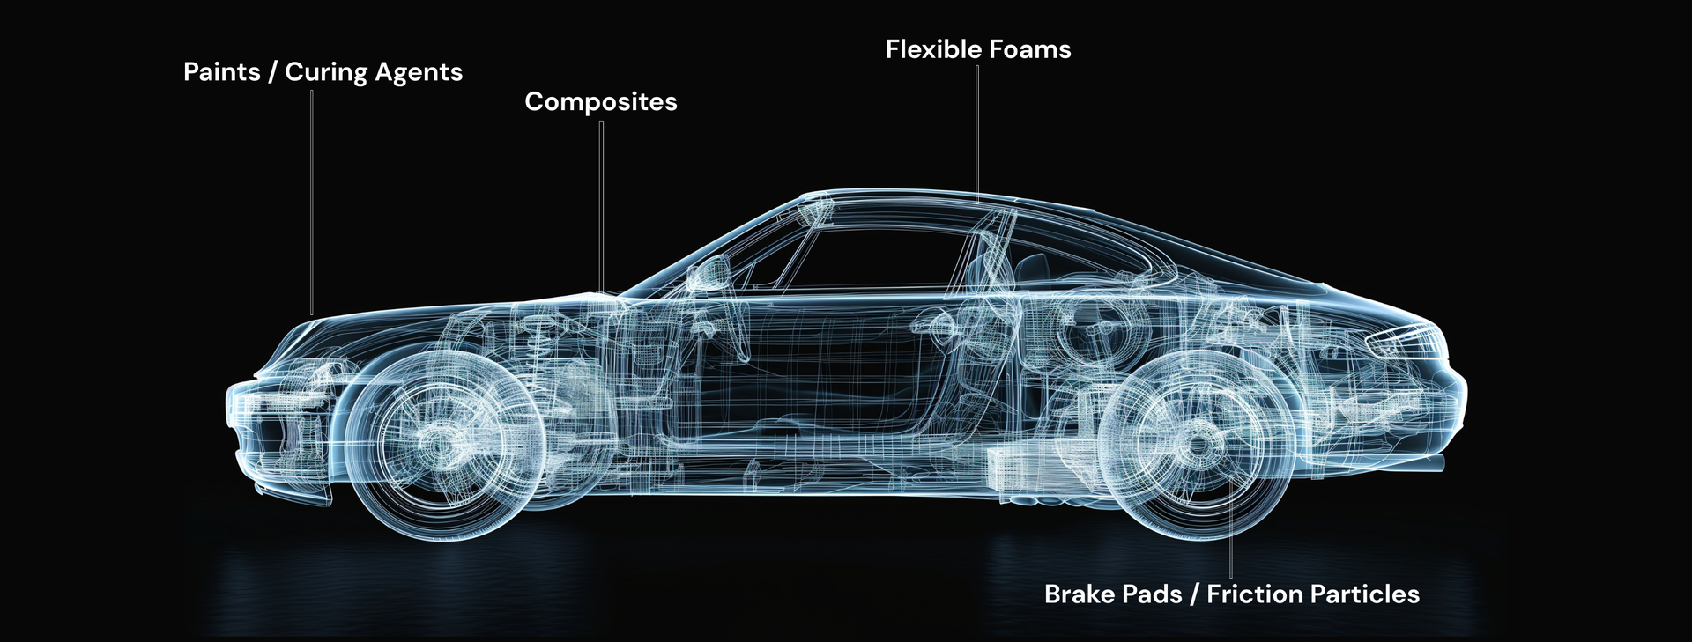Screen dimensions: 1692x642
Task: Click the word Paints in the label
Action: coord(221,71)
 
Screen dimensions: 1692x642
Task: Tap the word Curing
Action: coord(326,73)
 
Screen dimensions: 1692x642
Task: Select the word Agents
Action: coord(419,73)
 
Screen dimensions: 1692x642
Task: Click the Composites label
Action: coord(601,102)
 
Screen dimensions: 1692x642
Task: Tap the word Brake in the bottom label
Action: coord(1080,594)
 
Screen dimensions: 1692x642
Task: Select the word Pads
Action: coord(1153,594)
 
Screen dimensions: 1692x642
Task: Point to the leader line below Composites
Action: coord(601,206)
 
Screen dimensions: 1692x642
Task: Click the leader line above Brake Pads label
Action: coord(1231,528)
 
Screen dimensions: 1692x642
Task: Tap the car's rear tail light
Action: coord(1406,339)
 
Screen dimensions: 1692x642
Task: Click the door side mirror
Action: coord(710,273)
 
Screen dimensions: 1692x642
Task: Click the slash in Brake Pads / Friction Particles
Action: coord(1194,594)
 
